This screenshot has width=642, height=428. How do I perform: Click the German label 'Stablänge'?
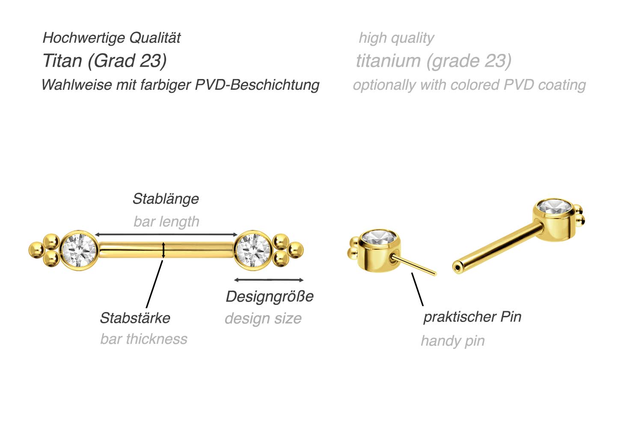coord(166,199)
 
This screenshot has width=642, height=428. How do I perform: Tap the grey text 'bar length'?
coord(166,221)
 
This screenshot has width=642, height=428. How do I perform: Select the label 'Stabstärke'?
coord(135,318)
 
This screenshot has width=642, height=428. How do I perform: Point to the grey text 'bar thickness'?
coord(144,339)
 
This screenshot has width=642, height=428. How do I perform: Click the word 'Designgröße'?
coord(270,296)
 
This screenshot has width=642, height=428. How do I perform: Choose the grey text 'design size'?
coord(263,319)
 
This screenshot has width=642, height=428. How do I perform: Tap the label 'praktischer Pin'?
coord(472,317)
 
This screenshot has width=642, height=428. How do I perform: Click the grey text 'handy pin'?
coord(453,341)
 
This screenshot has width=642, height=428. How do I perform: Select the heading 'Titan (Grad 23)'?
coord(105,61)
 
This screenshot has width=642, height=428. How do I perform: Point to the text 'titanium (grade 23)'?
coord(434,61)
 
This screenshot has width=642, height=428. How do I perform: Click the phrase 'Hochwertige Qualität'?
coord(112,38)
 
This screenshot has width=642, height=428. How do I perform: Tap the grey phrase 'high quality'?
coord(396,38)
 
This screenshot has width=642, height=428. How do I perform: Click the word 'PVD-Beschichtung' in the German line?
coord(257,85)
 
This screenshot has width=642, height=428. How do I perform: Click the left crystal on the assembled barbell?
coord(78,250)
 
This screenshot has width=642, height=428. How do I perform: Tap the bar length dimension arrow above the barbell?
coord(166,235)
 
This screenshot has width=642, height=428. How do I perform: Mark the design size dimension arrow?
coord(269,280)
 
